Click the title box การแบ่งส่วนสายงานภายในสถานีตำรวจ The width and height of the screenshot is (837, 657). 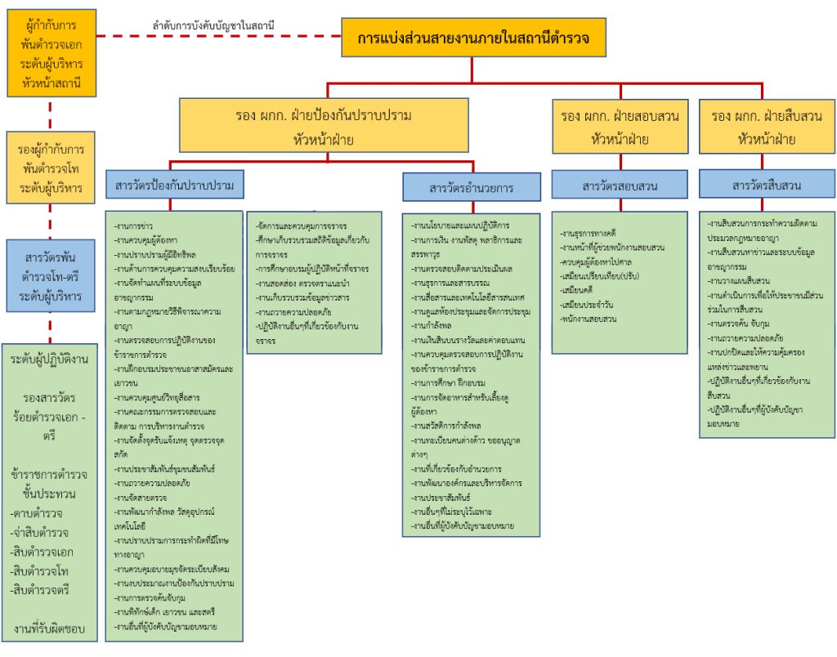tap(474, 38)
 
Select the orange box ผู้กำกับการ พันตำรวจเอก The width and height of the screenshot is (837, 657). tap(51, 52)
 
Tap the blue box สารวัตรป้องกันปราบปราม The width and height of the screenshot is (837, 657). tap(175, 185)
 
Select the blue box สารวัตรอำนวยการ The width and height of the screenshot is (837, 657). tap(472, 188)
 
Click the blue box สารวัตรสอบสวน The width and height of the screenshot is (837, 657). tap(619, 185)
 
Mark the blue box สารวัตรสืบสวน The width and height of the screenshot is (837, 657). tap(767, 185)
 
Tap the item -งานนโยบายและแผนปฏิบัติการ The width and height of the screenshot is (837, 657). tap(461, 225)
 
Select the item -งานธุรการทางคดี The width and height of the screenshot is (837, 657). tap(589, 234)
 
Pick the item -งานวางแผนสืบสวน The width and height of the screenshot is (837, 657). tap(739, 279)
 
